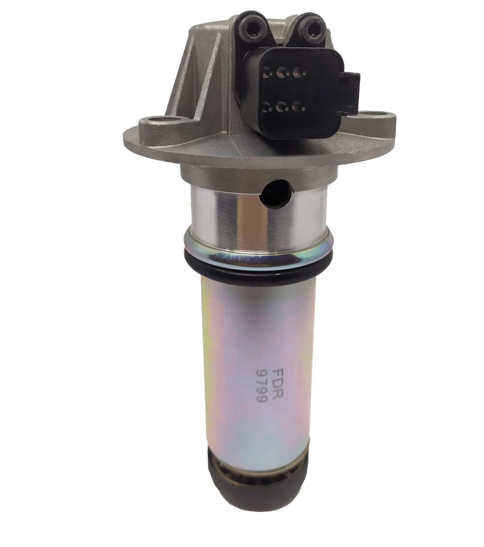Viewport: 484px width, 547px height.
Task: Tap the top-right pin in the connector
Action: point(296,71)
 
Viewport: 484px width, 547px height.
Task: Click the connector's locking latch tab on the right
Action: point(352,90)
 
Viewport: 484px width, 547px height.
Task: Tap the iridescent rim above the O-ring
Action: point(255,254)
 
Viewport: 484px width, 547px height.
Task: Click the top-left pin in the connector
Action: point(267,71)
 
